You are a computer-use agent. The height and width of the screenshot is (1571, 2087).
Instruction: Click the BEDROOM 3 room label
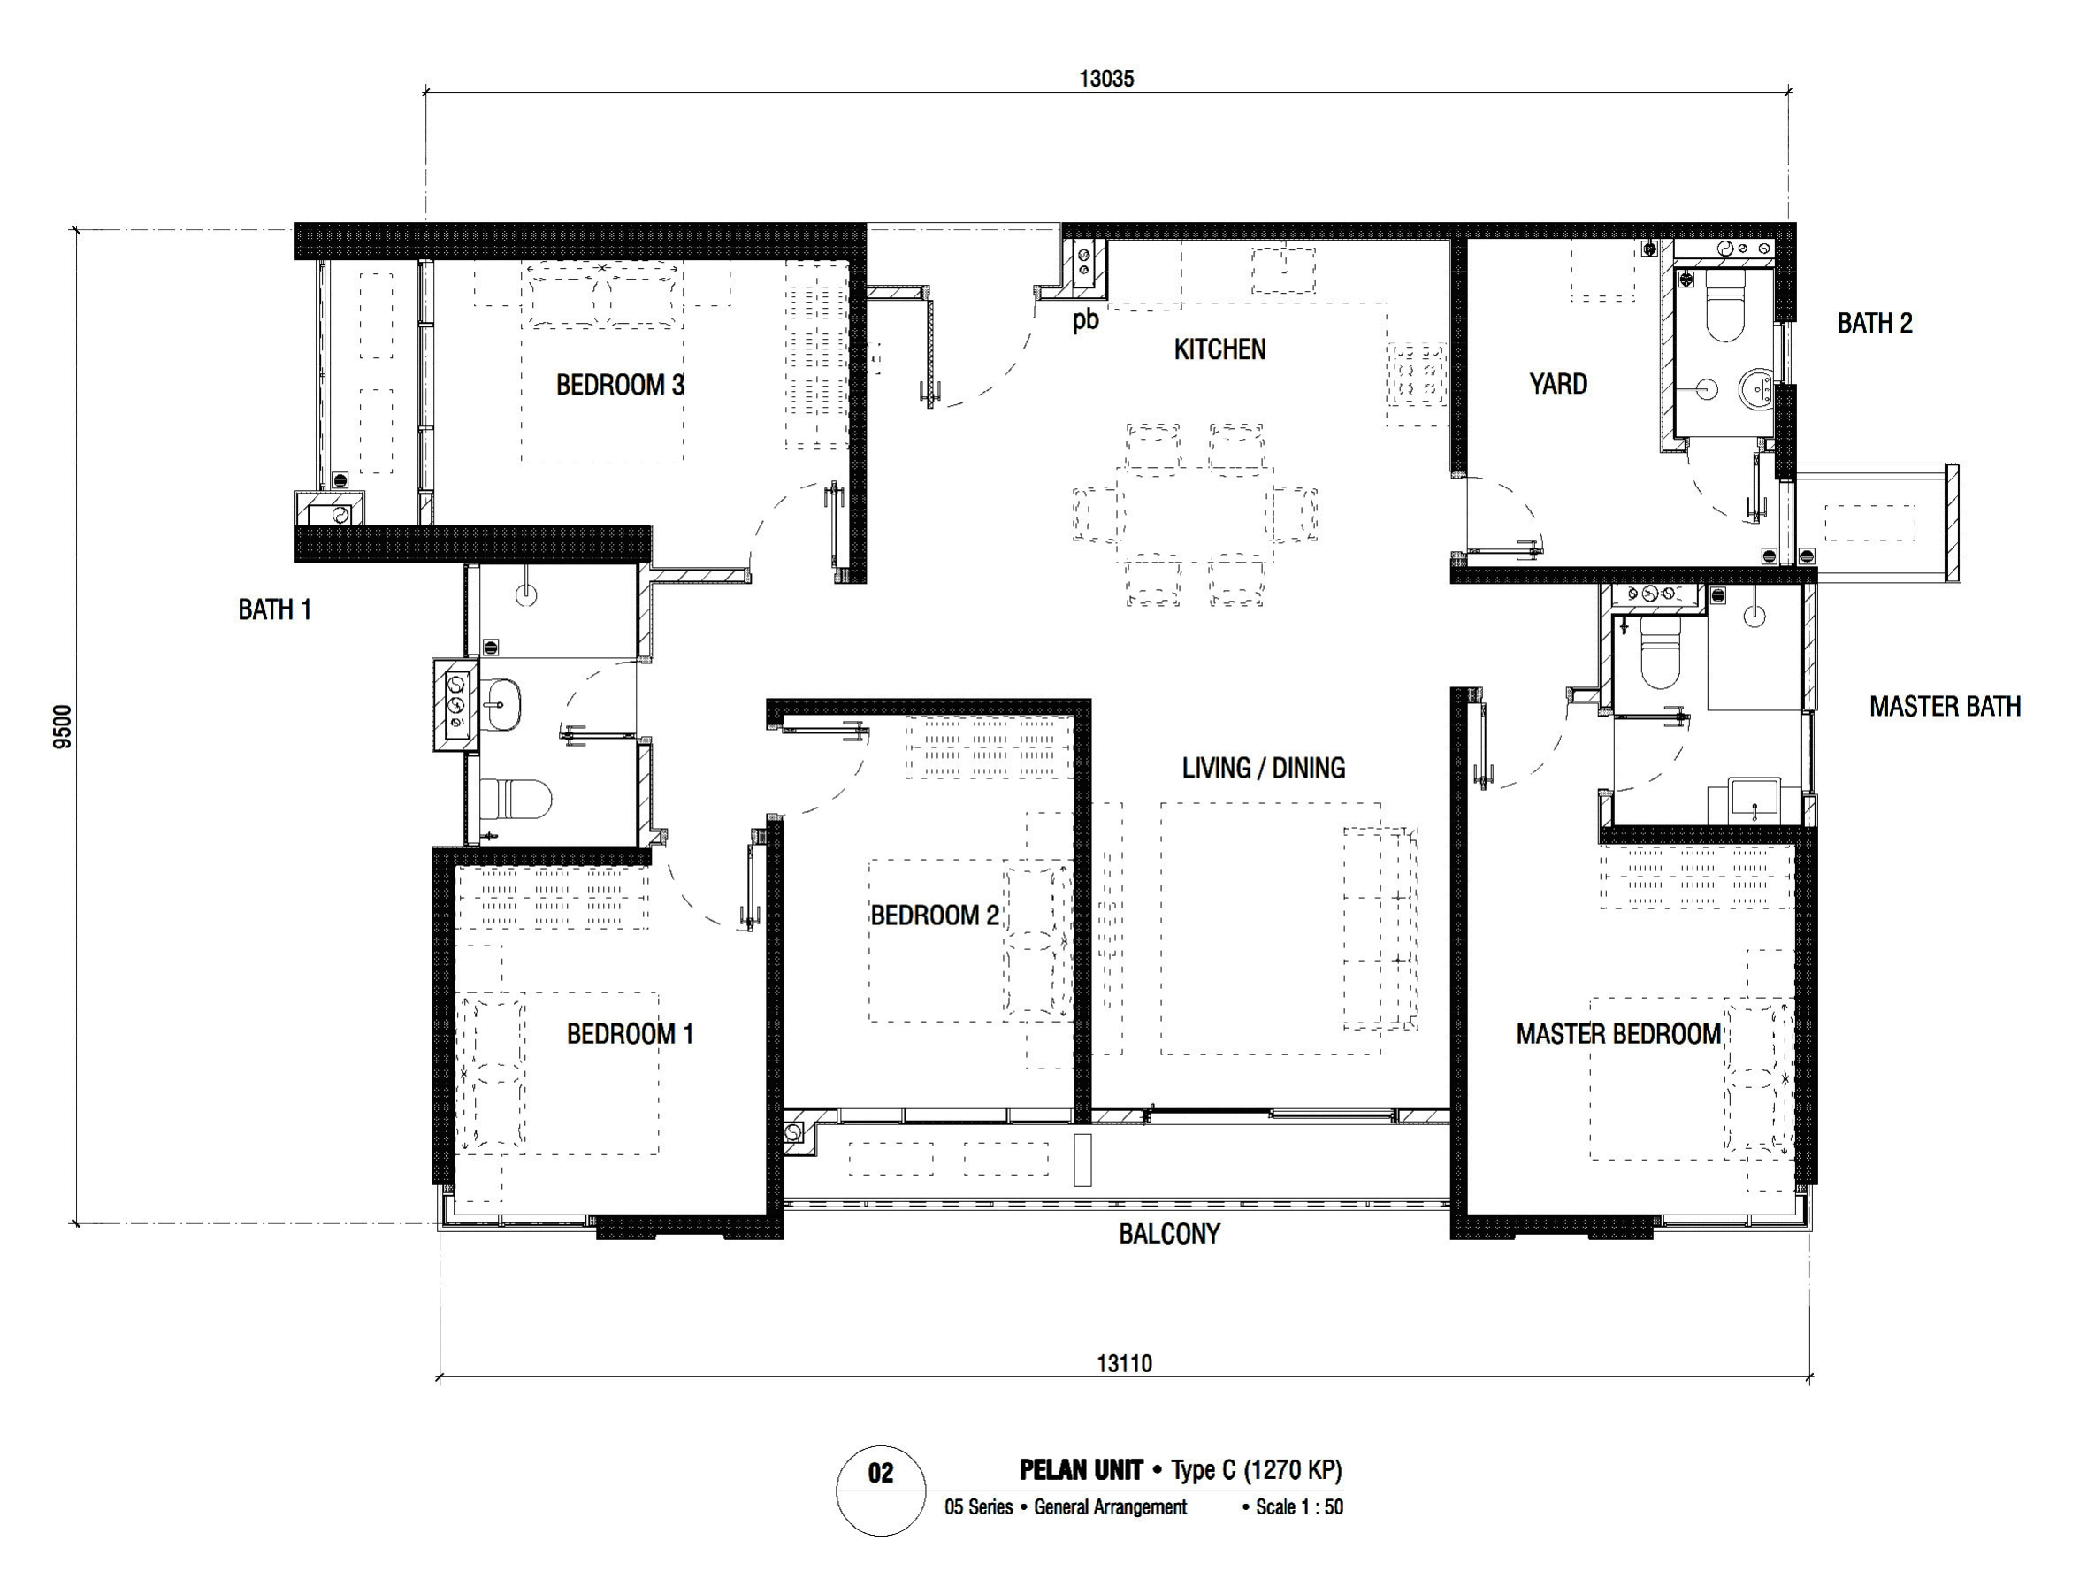(620, 385)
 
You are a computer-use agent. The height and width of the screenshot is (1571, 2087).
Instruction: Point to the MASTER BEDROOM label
(1618, 1034)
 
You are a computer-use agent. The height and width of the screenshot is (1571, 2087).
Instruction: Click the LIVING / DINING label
(1264, 768)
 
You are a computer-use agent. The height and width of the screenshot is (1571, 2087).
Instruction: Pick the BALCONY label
(1169, 1234)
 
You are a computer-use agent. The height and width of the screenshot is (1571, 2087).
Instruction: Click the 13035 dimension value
(1106, 80)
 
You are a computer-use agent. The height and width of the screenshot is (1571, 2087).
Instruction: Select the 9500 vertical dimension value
(62, 726)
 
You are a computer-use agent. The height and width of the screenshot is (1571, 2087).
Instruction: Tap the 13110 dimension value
(1124, 1363)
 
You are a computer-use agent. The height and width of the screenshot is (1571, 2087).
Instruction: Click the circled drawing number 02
(880, 1473)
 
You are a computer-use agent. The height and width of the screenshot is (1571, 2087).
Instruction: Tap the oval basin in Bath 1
(503, 704)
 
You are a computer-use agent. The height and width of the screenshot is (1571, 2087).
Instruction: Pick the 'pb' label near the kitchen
(1085, 321)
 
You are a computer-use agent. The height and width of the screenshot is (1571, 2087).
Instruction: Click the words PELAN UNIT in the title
(1082, 1470)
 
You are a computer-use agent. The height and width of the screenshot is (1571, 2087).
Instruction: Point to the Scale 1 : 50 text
(1299, 1506)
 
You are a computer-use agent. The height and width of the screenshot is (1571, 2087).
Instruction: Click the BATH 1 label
(274, 610)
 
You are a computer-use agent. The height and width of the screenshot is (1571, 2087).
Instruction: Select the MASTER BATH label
(1945, 707)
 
